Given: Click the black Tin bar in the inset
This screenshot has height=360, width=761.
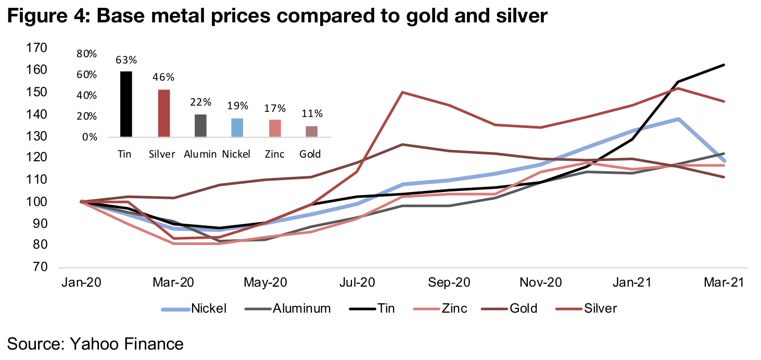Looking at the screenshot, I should pyautogui.click(x=125, y=104).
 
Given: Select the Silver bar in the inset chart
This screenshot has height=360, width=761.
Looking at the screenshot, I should pyautogui.click(x=163, y=113).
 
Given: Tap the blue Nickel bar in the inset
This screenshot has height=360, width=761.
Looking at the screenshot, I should pyautogui.click(x=237, y=127).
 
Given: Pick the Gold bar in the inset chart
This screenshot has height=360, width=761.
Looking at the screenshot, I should pyautogui.click(x=311, y=132).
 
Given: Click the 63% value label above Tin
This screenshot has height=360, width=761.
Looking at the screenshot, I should pyautogui.click(x=125, y=60).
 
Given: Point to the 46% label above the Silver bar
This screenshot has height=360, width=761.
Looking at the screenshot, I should pyautogui.click(x=163, y=78).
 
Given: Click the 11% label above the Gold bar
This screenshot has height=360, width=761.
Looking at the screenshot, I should pyautogui.click(x=311, y=113).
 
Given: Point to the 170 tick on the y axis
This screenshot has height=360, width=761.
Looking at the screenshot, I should pyautogui.click(x=37, y=48).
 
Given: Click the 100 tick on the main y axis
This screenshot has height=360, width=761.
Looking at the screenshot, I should pyautogui.click(x=37, y=201).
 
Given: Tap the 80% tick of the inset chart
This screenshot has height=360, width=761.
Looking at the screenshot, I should pyautogui.click(x=87, y=54).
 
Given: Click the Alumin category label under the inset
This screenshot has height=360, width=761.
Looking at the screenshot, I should pyautogui.click(x=200, y=154).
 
